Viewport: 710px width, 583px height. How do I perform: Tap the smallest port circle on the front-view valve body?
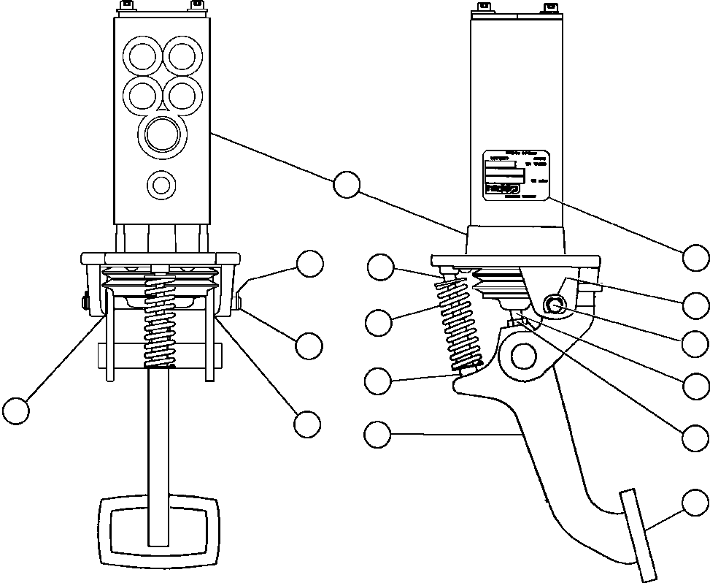(161, 184)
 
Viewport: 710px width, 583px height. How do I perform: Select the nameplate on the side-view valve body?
(515, 175)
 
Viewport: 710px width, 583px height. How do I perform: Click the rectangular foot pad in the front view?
(158, 530)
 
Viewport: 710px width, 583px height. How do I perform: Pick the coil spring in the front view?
(160, 321)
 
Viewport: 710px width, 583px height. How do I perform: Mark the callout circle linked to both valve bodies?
(347, 184)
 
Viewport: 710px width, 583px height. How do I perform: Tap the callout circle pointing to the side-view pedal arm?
(377, 435)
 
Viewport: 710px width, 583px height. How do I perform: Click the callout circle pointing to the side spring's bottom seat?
(377, 380)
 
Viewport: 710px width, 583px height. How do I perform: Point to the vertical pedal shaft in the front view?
(159, 431)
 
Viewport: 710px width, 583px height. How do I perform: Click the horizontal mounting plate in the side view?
(515, 261)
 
